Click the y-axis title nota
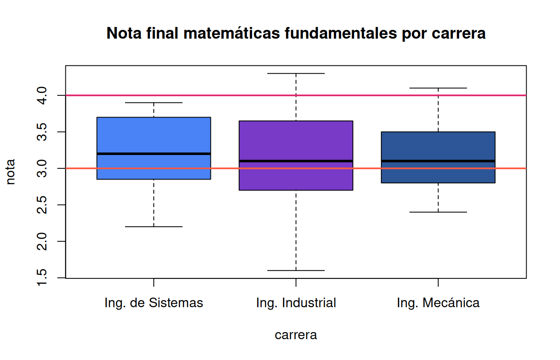(11, 172)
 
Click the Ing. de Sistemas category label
(154, 303)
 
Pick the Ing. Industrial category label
(296, 303)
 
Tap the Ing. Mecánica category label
(438, 303)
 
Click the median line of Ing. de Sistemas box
(154, 154)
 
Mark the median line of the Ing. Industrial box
(296, 161)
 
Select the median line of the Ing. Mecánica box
(438, 161)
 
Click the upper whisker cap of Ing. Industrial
(296, 73)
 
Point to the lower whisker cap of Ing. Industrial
(296, 270)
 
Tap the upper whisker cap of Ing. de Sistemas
(154, 102)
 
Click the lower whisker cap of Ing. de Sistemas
(154, 227)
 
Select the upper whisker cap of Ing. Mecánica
(438, 88)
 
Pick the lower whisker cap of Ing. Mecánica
(438, 212)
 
